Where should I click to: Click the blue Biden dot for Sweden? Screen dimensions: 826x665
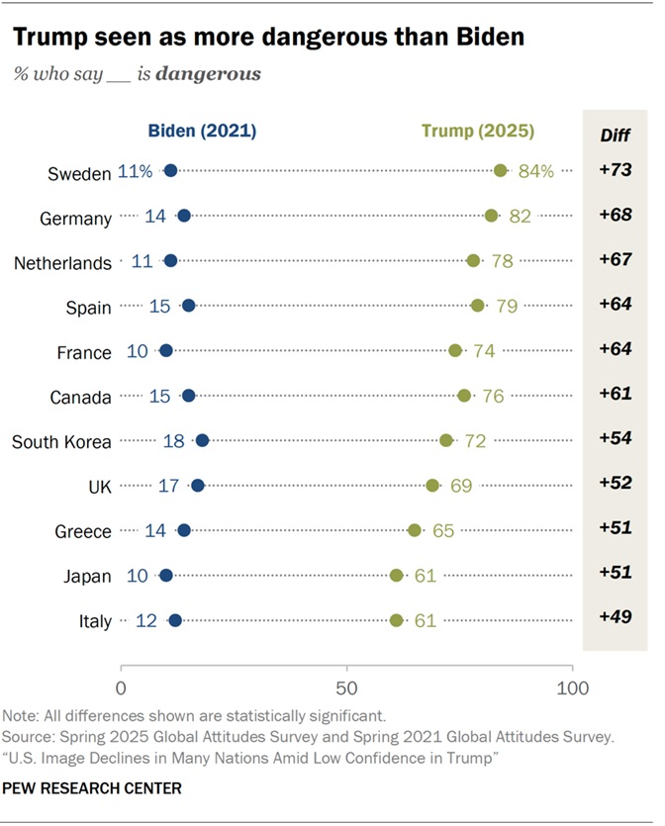pyautogui.click(x=170, y=171)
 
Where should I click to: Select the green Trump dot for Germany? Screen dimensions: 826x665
pyautogui.click(x=492, y=216)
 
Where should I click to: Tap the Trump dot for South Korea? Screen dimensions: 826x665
pyautogui.click(x=446, y=440)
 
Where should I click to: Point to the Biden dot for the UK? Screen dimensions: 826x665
pyautogui.click(x=198, y=486)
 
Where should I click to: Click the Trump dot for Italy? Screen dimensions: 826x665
pyautogui.click(x=397, y=620)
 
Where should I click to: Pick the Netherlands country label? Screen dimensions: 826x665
pyautogui.click(x=62, y=262)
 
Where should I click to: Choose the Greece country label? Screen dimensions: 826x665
pyautogui.click(x=83, y=531)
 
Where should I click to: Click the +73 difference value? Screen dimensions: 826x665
pyautogui.click(x=615, y=171)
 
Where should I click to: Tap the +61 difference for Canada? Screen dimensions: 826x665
pyautogui.click(x=615, y=394)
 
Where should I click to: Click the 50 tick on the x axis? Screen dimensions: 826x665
pyautogui.click(x=346, y=687)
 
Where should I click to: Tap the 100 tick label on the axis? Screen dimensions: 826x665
pyautogui.click(x=572, y=687)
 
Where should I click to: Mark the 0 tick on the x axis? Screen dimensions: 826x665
pyautogui.click(x=122, y=687)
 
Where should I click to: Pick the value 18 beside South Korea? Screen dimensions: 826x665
pyautogui.click(x=173, y=441)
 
